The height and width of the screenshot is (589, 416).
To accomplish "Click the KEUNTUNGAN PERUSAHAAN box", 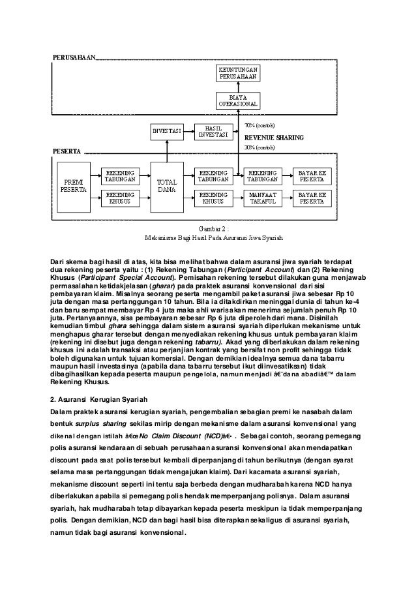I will (x=237, y=72).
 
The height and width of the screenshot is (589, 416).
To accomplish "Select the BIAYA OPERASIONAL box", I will (x=237, y=100).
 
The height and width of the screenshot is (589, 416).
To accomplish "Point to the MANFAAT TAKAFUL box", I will (x=264, y=198).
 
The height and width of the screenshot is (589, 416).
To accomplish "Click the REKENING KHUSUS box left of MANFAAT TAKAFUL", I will (x=217, y=198).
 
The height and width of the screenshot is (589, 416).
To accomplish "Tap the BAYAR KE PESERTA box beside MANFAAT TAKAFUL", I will (x=312, y=198).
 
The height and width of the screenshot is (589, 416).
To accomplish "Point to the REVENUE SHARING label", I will (x=269, y=138).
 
